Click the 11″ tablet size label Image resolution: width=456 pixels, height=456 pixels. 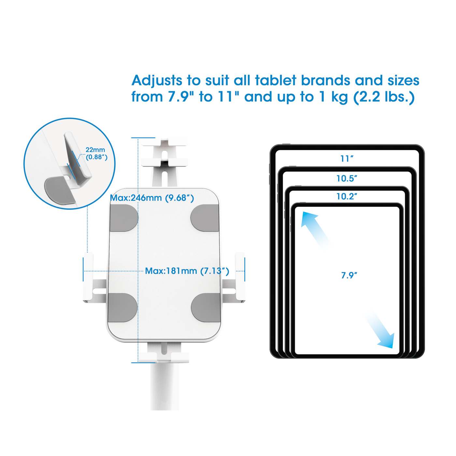[347, 159]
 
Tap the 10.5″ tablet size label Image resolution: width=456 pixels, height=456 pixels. [347, 178]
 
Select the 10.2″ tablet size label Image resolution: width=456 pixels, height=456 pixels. [347, 196]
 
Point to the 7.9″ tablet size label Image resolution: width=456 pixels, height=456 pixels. [349, 275]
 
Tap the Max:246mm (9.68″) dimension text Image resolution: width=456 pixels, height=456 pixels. [152, 198]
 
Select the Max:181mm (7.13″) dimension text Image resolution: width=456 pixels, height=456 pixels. [187, 271]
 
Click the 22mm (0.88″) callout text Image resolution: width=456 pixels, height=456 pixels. [96, 153]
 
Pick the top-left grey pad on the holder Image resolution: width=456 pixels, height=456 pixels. [123, 218]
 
